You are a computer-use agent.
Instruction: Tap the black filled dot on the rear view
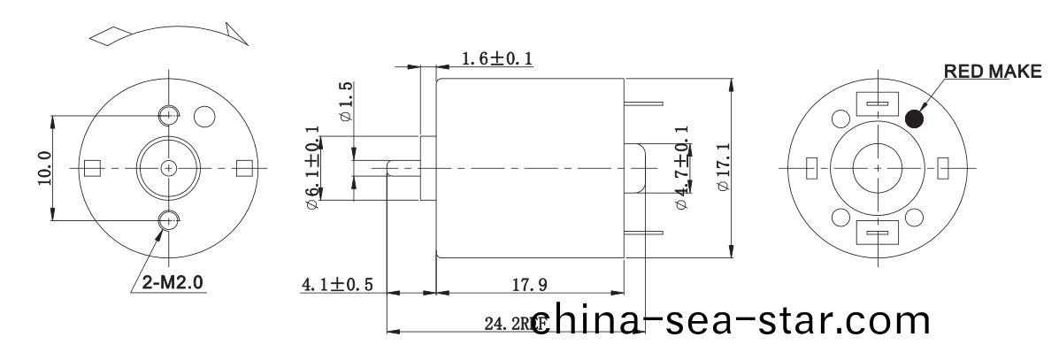click(x=916, y=118)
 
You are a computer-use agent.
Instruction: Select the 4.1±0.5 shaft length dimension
click(x=337, y=285)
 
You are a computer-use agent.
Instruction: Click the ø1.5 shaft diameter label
click(x=346, y=102)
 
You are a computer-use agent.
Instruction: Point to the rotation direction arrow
click(x=168, y=33)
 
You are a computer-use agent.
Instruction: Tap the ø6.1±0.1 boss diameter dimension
click(x=311, y=168)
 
